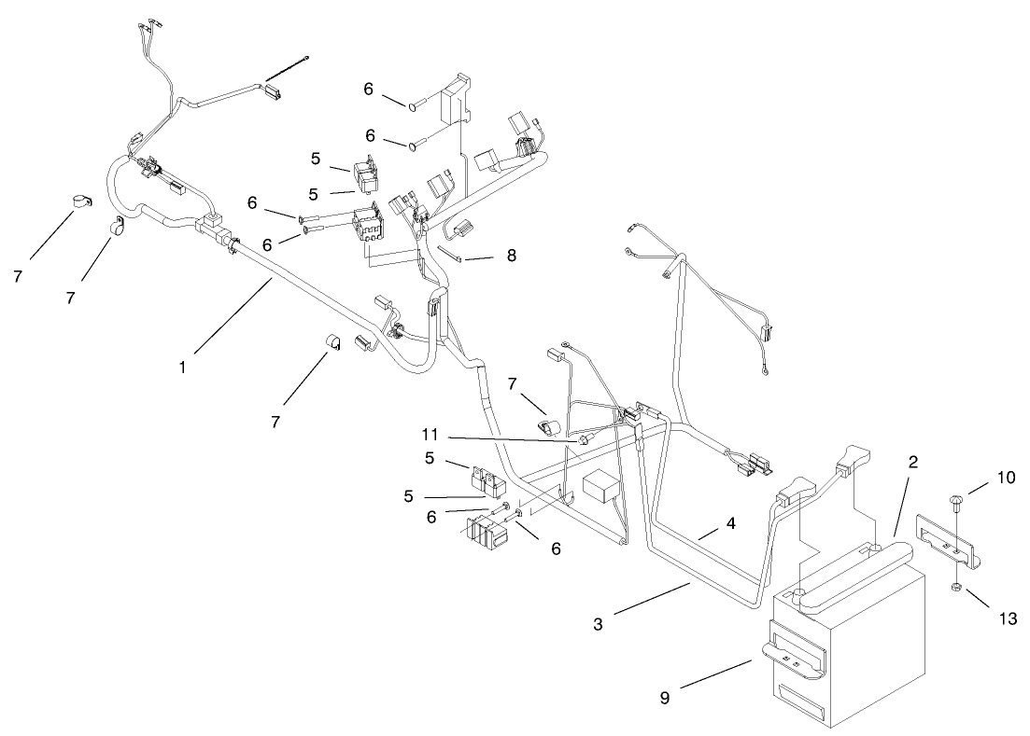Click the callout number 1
[183, 367]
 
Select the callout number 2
[912, 462]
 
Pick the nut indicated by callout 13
[955, 588]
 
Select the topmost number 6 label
[369, 90]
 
